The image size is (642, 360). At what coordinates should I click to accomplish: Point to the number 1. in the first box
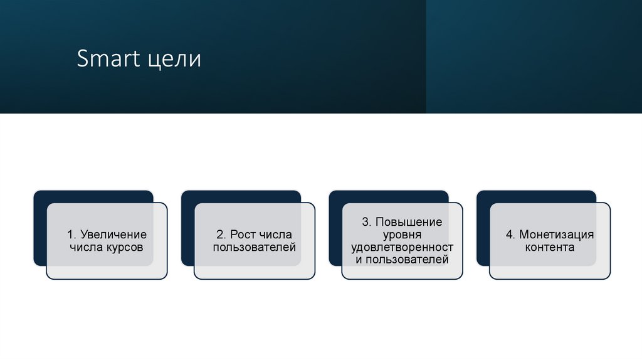[x=71, y=235]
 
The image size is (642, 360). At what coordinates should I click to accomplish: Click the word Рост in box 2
[x=243, y=235]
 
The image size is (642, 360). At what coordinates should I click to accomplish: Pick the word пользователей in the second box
[x=254, y=247]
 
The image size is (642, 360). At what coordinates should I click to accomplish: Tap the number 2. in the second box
[x=221, y=235]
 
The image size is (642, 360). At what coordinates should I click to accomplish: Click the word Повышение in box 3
[x=409, y=222]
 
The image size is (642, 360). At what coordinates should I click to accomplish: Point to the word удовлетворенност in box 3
[x=402, y=247]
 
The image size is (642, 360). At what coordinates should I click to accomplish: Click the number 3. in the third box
[x=367, y=222]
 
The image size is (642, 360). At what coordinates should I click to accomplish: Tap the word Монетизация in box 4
[x=556, y=235]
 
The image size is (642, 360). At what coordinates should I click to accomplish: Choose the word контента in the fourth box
[x=550, y=247]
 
